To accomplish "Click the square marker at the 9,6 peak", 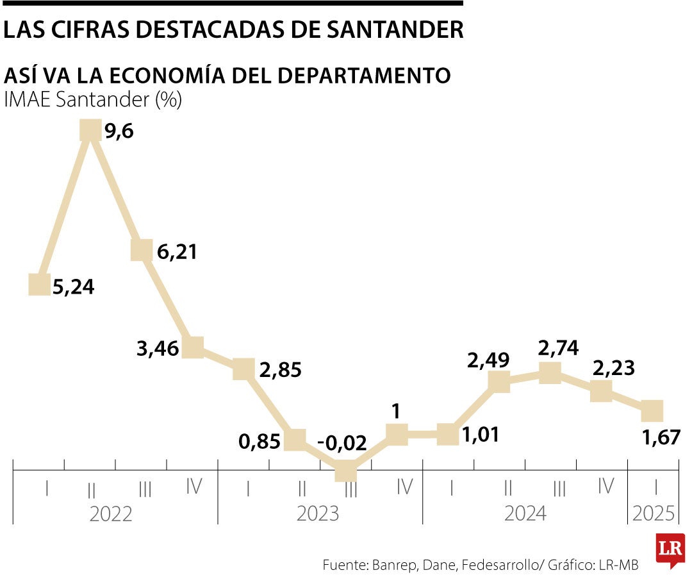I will pyautogui.click(x=90, y=130).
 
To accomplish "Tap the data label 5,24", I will pyautogui.click(x=73, y=287).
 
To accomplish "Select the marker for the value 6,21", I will pyautogui.click(x=142, y=250).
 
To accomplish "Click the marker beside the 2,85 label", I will pyautogui.click(x=243, y=369).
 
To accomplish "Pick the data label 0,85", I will pyautogui.click(x=259, y=440).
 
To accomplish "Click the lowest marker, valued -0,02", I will pyautogui.click(x=346, y=471).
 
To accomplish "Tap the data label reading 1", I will pyautogui.click(x=397, y=412).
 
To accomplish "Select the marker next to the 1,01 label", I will pyautogui.click(x=447, y=435).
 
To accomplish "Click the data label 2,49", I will pyautogui.click(x=488, y=360).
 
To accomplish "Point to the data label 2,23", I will pyautogui.click(x=613, y=367).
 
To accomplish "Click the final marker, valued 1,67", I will pyautogui.click(x=652, y=410).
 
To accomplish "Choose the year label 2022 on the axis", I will pyautogui.click(x=111, y=514).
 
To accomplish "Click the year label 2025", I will pyautogui.click(x=654, y=514).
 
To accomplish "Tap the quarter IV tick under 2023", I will pyautogui.click(x=404, y=487).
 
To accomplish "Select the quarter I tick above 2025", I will pyautogui.click(x=655, y=487).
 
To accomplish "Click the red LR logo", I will pyautogui.click(x=670, y=549).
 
